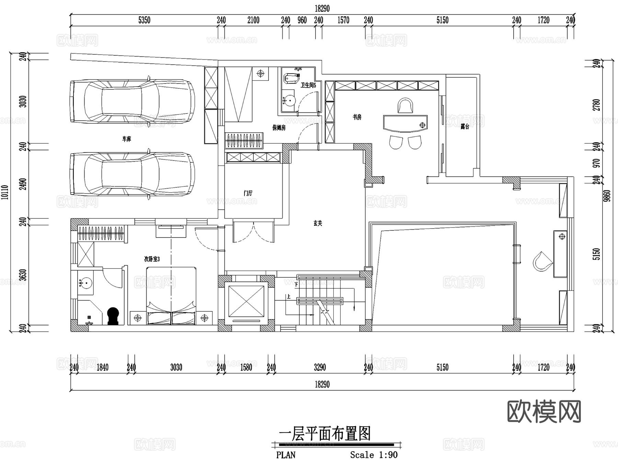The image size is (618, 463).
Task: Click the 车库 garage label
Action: pos(127,139)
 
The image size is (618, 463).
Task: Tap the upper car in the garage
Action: pos(132,101)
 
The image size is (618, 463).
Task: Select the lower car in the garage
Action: pos(132,174)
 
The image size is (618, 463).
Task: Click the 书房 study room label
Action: pos(357,117)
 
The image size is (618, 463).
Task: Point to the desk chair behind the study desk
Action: pos(405,106)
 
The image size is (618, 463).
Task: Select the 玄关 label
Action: pos(318,223)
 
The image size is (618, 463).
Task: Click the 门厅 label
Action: pos(248,194)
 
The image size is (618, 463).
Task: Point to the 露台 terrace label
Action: pos(465,127)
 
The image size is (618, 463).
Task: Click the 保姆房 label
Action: pos(279,128)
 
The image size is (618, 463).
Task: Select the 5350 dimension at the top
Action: pos(144,20)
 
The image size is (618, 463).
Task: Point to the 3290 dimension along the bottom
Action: pos(320,367)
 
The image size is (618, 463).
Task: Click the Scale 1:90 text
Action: pos(374,455)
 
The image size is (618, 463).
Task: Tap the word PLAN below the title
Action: pos(286,455)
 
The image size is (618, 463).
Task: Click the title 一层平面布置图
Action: pos(324,434)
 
